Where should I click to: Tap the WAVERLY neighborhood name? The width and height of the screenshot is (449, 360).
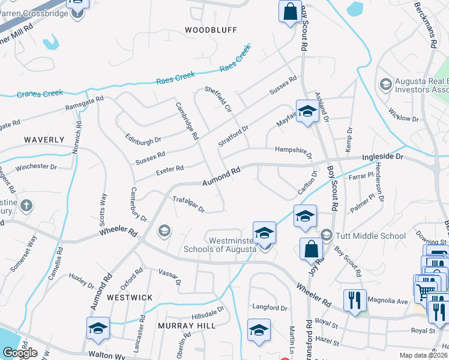click(44, 140)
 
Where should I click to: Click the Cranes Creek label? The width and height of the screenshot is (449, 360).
click(40, 94)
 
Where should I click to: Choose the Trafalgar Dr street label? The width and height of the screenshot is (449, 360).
click(189, 205)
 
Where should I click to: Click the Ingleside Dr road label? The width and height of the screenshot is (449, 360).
click(383, 157)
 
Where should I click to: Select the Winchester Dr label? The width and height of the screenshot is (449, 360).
click(36, 167)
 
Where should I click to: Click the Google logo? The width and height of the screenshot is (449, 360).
click(20, 353)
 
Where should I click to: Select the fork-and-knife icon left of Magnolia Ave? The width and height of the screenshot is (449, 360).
click(354, 299)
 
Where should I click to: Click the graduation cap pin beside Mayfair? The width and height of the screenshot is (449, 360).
click(307, 112)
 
